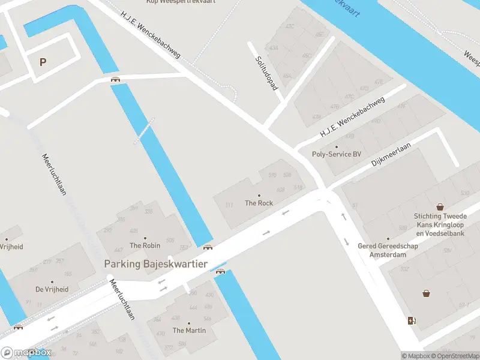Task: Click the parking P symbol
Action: [43, 62]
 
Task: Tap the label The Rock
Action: [259, 203]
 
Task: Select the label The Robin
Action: [145, 245]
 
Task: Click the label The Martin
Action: [189, 330]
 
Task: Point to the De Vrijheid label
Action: [52, 289]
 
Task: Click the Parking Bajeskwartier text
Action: [155, 263]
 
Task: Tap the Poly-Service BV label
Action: [337, 154]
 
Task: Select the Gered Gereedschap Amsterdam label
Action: [382, 250]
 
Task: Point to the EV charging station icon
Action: [411, 320]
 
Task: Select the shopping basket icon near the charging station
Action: [426, 293]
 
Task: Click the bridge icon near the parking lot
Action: [115, 79]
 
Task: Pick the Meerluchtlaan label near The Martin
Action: [122, 301]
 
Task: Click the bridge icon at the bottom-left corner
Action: [19, 327]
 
